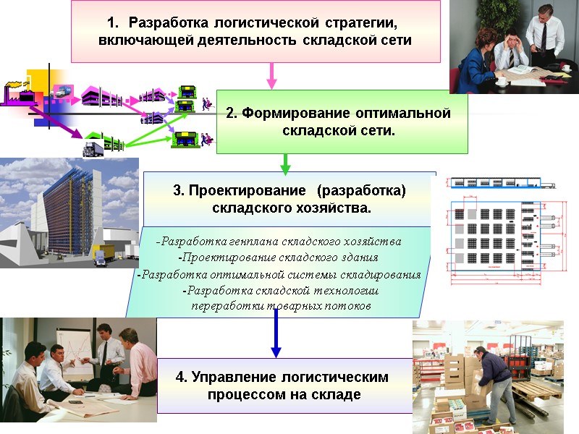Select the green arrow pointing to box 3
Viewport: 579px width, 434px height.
285,164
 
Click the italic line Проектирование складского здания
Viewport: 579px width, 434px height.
278,257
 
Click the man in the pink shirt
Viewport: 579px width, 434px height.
137,362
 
